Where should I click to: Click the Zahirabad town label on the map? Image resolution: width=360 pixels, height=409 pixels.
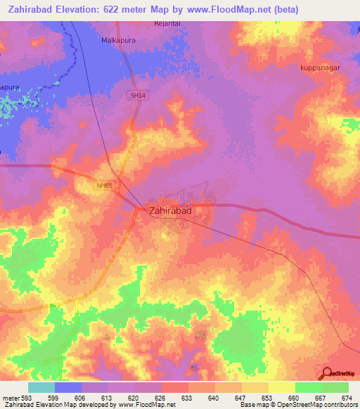pos(170,210)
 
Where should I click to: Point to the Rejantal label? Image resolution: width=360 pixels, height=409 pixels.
pos(168,23)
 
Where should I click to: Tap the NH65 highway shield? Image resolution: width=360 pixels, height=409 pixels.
pos(105,186)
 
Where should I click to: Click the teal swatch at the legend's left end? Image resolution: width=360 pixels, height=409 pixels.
pos(41,387)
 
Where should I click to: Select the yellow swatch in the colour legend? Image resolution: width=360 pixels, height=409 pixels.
pos(282,387)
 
